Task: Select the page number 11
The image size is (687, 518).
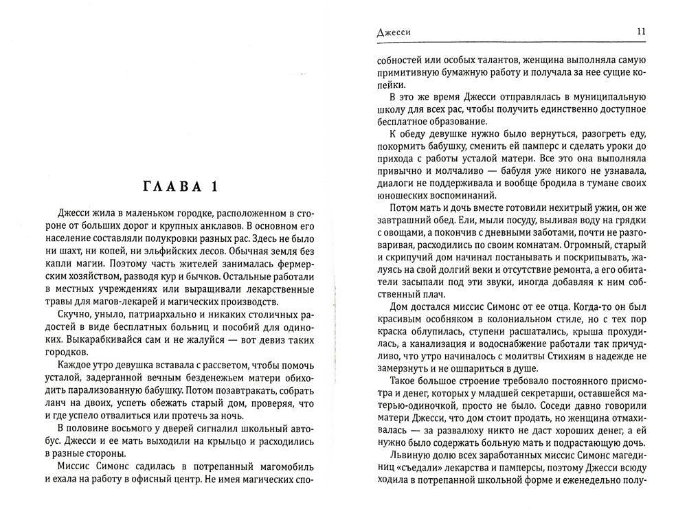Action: pyautogui.click(x=640, y=32)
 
